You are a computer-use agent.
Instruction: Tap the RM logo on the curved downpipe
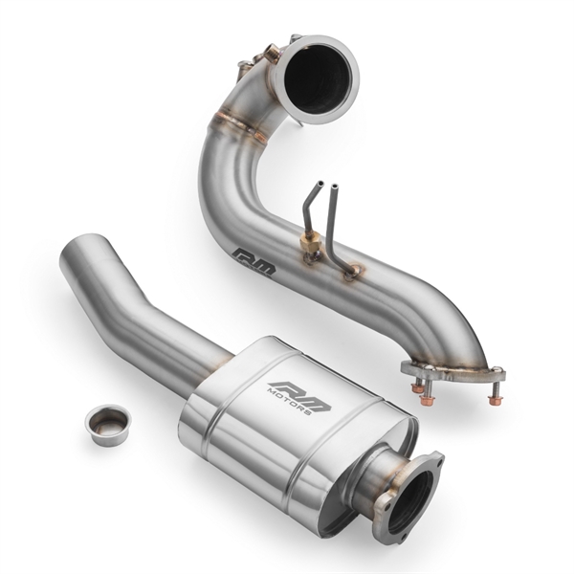pyautogui.click(x=254, y=262)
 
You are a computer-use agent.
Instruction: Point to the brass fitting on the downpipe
pyautogui.click(x=310, y=252)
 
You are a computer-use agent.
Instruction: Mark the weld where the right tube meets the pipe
pyautogui.click(x=353, y=273)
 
